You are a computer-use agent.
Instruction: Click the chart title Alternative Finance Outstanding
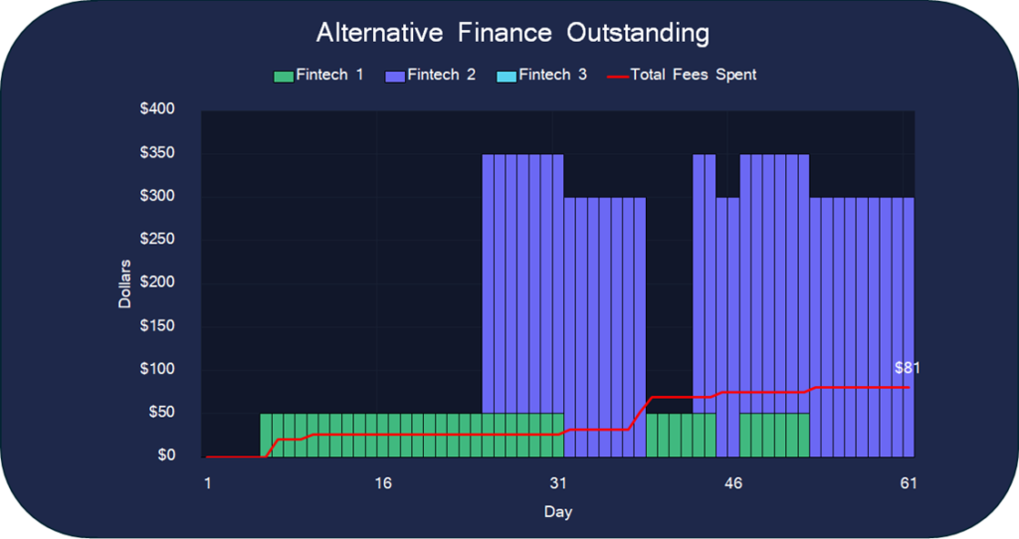coord(512,33)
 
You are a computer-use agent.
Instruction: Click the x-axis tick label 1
coord(208,483)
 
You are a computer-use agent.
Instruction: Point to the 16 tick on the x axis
coord(383,483)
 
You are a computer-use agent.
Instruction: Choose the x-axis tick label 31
coord(558,483)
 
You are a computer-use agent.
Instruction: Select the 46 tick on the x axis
coord(733,483)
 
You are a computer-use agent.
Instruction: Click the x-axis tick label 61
coord(909,483)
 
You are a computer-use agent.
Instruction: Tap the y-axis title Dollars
coord(125,283)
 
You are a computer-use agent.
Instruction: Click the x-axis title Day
coord(557,512)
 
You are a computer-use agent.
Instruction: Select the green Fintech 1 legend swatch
coord(283,76)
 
